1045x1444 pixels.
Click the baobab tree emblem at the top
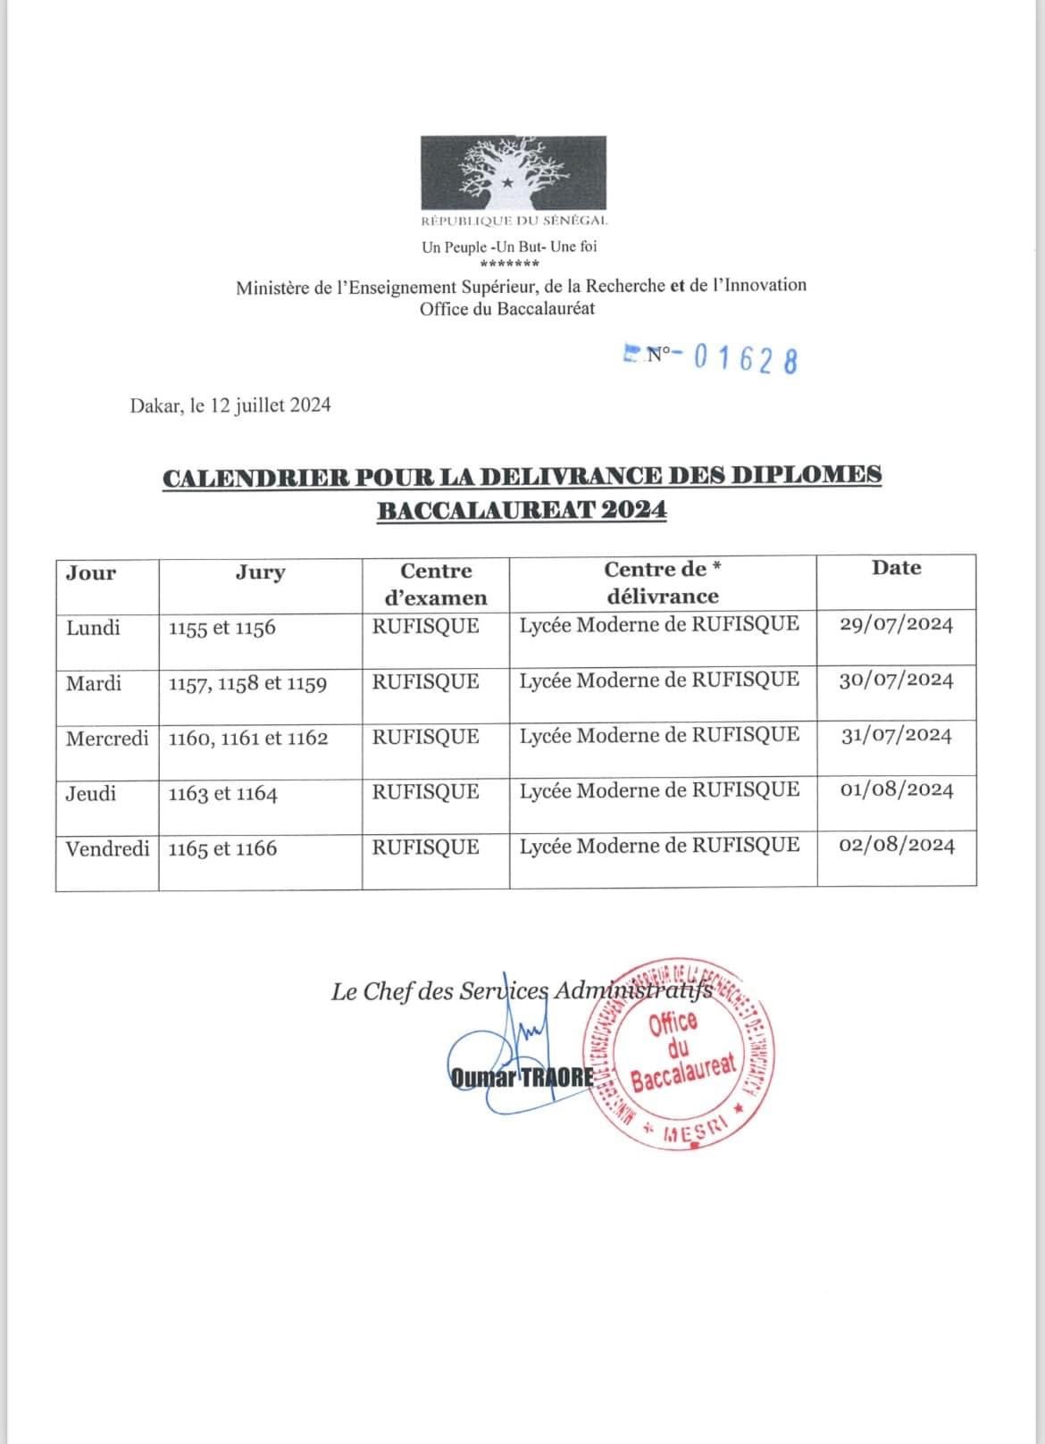click(514, 172)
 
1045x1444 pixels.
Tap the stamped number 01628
click(745, 359)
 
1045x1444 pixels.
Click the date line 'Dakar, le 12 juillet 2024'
click(230, 405)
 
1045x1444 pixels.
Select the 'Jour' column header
click(91, 573)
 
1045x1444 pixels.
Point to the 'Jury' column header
click(260, 572)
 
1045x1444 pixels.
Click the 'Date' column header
click(896, 568)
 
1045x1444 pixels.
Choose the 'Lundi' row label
click(93, 628)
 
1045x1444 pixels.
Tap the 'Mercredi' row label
click(107, 739)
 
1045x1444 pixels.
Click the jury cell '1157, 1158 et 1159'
click(247, 684)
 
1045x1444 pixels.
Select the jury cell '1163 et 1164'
click(222, 794)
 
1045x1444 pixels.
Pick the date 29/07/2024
click(896, 624)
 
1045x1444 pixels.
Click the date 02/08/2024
click(897, 845)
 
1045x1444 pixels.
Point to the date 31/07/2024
click(897, 735)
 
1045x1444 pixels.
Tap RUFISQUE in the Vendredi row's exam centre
click(425, 847)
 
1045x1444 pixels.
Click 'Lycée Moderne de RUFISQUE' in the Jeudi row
click(659, 790)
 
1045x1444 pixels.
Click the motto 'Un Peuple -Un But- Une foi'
click(509, 246)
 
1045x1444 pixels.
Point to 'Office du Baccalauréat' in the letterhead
click(507, 309)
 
